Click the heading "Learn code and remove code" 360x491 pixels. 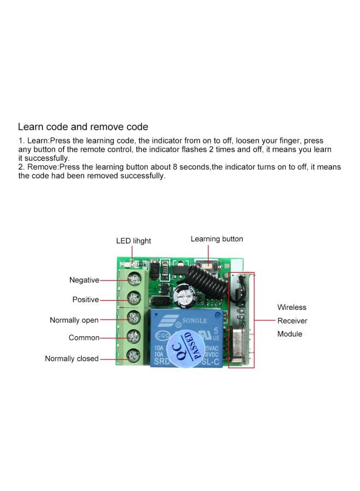click(x=83, y=127)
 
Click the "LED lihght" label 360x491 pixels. click(x=134, y=241)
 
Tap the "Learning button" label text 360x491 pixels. click(x=217, y=239)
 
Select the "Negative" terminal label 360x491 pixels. click(x=84, y=280)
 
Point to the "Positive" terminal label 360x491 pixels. click(x=86, y=300)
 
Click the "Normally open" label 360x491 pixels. click(x=74, y=320)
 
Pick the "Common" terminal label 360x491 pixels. click(x=84, y=338)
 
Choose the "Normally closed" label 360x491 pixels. click(x=71, y=358)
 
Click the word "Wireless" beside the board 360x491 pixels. click(x=292, y=308)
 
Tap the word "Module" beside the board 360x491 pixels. click(x=290, y=334)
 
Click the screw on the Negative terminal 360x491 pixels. click(x=133, y=280)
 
